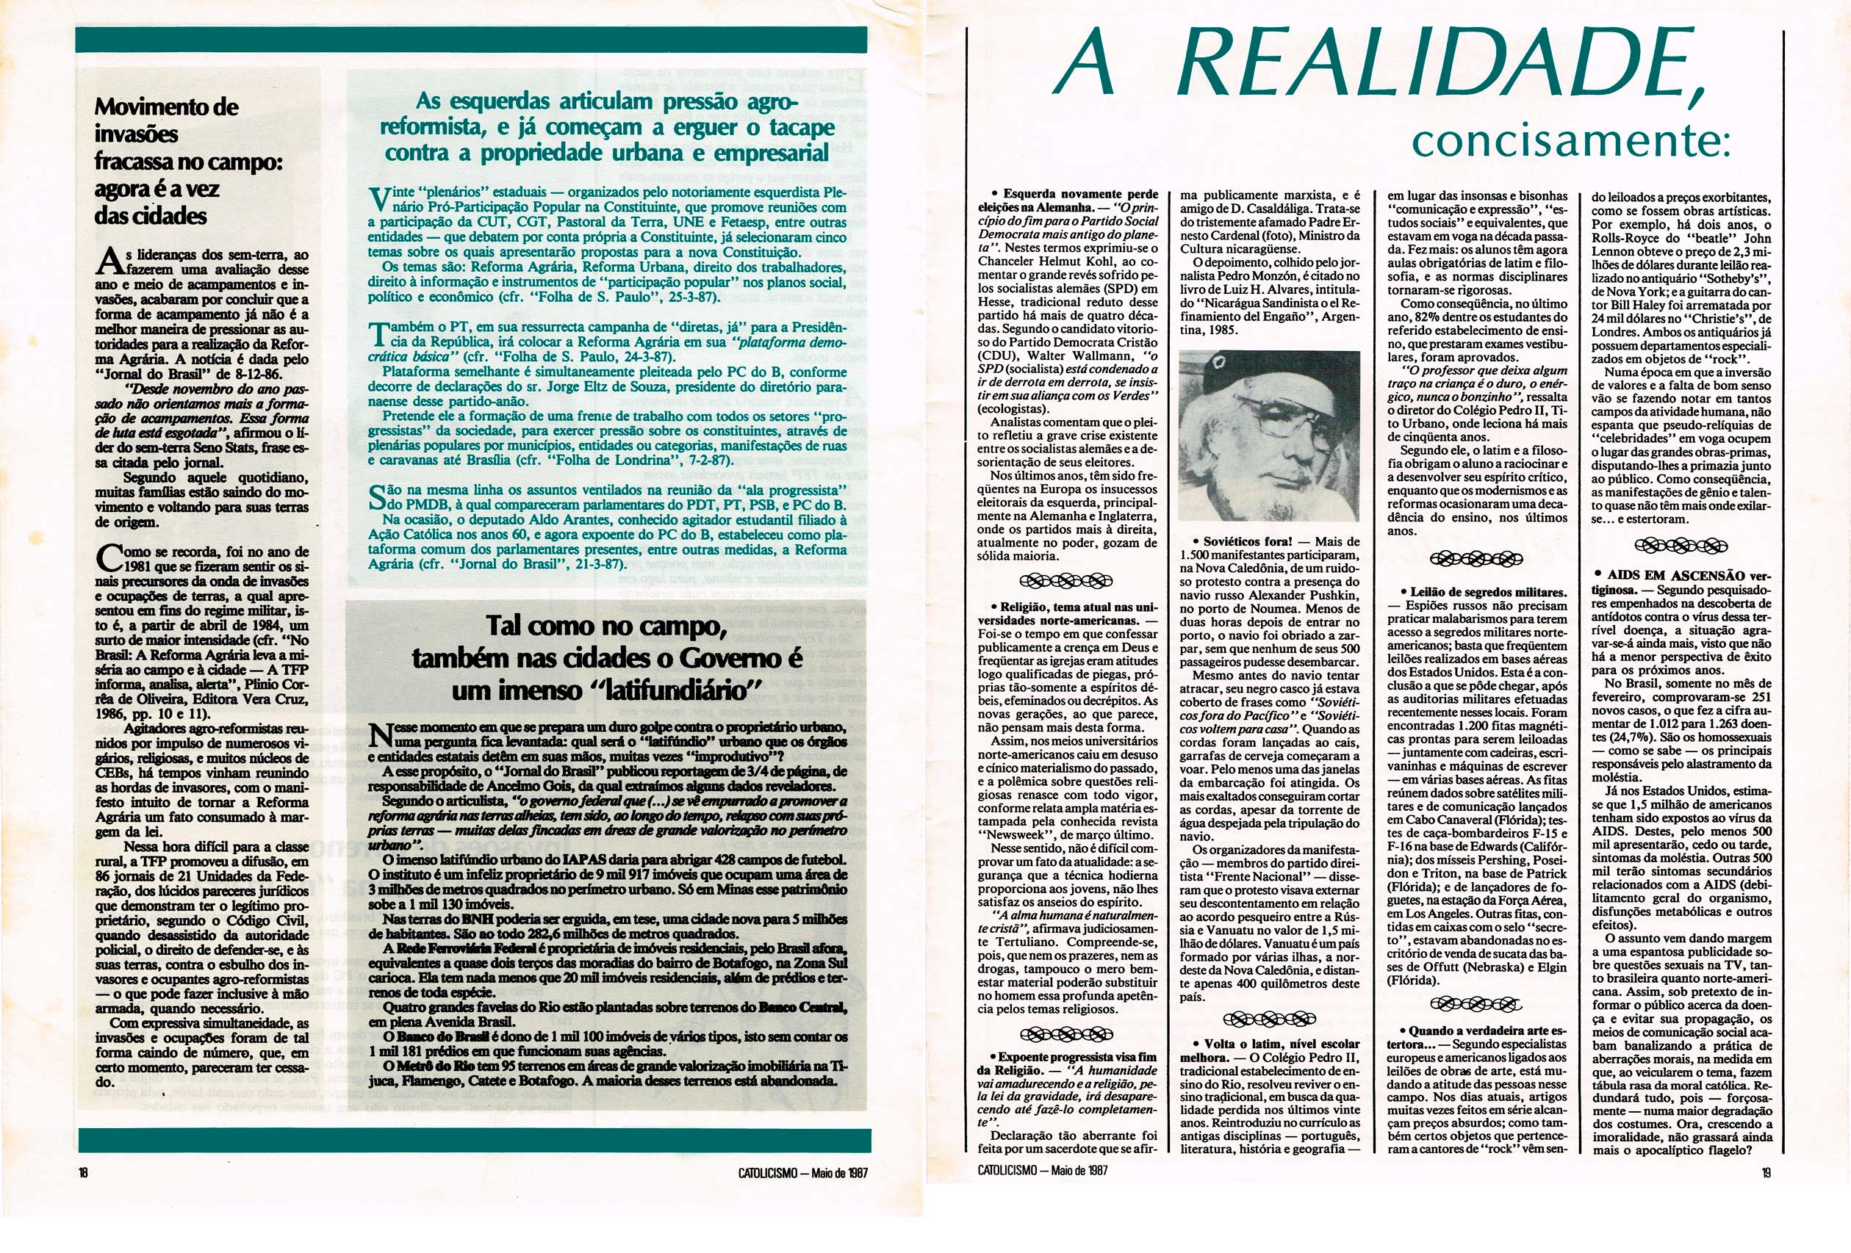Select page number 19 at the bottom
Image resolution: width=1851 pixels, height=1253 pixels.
point(1766,1173)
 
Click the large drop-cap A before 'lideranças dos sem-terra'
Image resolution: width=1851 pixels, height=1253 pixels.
point(110,261)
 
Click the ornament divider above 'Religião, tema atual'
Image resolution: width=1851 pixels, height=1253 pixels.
point(1065,579)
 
